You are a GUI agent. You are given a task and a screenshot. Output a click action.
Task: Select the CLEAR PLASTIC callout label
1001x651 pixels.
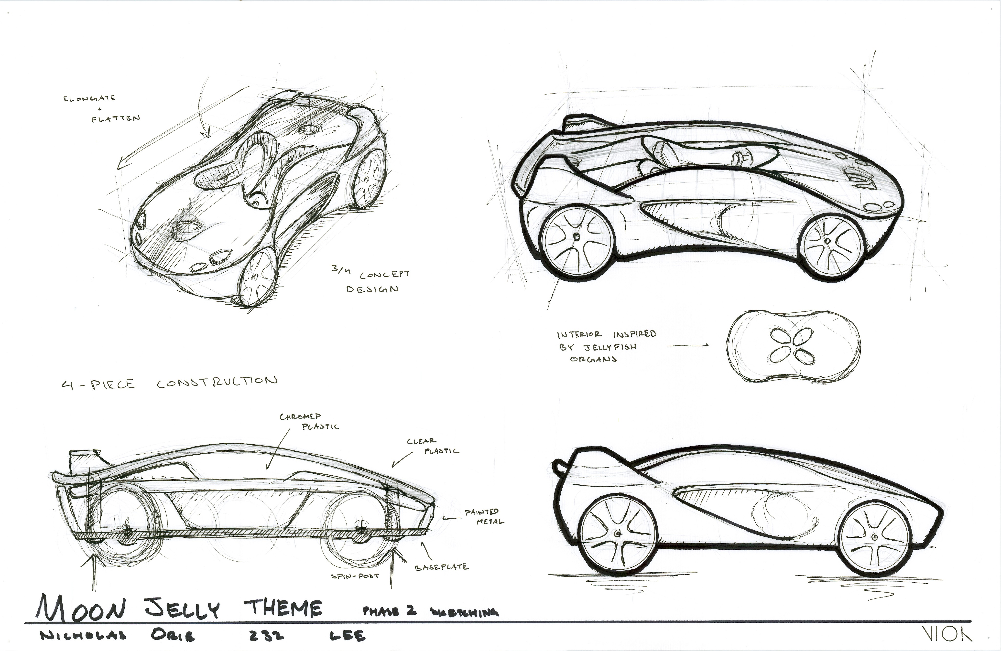click(432, 446)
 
